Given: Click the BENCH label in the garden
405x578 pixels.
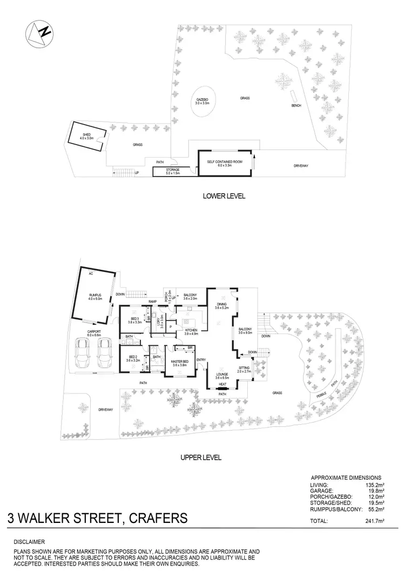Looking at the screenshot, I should pyautogui.click(x=296, y=105).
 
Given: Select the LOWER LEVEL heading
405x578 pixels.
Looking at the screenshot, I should pyautogui.click(x=224, y=196).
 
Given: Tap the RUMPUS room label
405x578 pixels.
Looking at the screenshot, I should pyautogui.click(x=96, y=294).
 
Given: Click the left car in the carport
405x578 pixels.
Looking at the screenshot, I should pyautogui.click(x=84, y=356).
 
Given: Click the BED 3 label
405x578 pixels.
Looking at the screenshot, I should pyautogui.click(x=134, y=318).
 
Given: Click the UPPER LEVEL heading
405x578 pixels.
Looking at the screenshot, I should pyautogui.click(x=201, y=457).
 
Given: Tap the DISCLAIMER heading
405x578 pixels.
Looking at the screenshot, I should pyautogui.click(x=30, y=541).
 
